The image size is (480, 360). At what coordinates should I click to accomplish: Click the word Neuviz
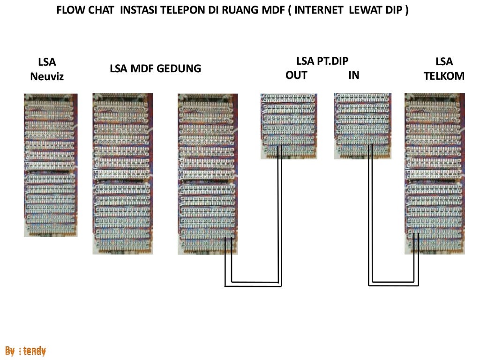(x=46, y=76)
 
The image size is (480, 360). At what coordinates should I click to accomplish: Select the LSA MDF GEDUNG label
(x=155, y=69)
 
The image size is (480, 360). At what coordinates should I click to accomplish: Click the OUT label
(x=296, y=75)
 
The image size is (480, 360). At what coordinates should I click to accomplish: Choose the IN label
(x=353, y=75)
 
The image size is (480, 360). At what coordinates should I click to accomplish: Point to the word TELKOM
(x=444, y=76)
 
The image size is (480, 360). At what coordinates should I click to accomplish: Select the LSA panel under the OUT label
(x=289, y=126)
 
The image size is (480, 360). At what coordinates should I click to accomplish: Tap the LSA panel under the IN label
(x=362, y=126)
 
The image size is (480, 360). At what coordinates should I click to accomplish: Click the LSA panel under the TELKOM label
(x=435, y=173)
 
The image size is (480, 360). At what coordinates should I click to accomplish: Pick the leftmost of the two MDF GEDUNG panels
(x=123, y=173)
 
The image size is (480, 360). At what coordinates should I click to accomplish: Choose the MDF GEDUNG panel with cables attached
(x=208, y=173)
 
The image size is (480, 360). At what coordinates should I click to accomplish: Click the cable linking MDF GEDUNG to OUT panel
(x=253, y=284)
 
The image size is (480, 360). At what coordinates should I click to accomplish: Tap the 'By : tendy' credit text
(x=26, y=351)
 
